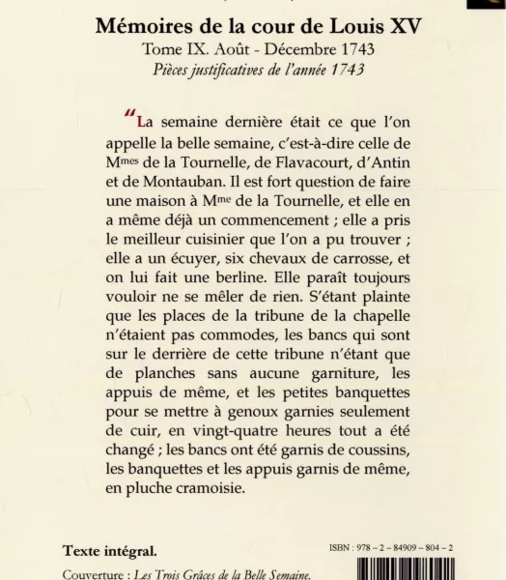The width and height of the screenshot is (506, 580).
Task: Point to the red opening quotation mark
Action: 130,121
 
